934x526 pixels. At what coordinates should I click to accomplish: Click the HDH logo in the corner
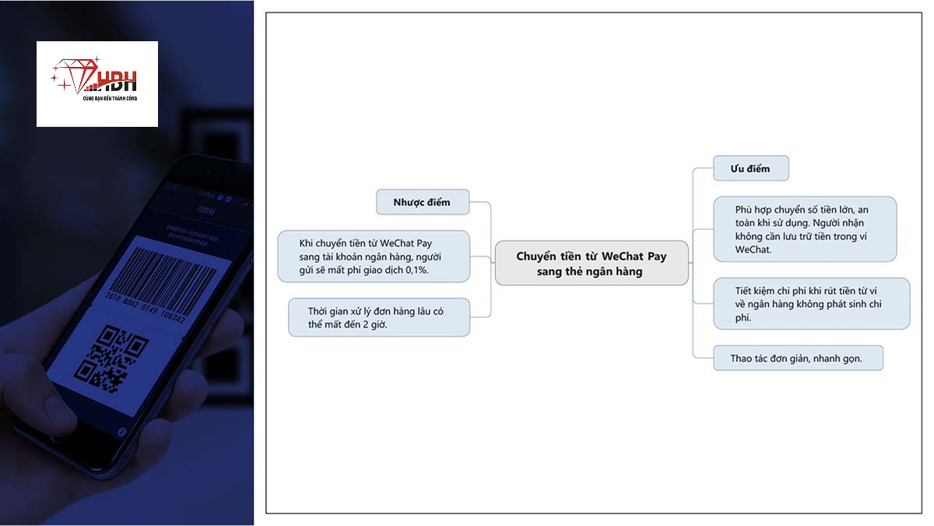[x=97, y=84]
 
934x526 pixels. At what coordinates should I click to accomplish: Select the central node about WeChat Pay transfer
[x=592, y=263]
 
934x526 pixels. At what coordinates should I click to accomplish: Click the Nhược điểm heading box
[x=423, y=202]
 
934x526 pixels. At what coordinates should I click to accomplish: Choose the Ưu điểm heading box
[x=751, y=168]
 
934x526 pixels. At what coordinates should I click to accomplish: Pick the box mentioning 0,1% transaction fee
[x=374, y=256]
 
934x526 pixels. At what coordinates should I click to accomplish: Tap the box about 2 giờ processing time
[x=379, y=317]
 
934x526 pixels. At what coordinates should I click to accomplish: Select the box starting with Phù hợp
[x=805, y=229]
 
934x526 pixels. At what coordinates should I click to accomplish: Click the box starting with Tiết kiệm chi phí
[x=811, y=303]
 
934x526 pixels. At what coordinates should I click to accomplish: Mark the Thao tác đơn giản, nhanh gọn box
[x=798, y=358]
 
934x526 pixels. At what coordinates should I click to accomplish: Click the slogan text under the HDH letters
[x=110, y=98]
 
